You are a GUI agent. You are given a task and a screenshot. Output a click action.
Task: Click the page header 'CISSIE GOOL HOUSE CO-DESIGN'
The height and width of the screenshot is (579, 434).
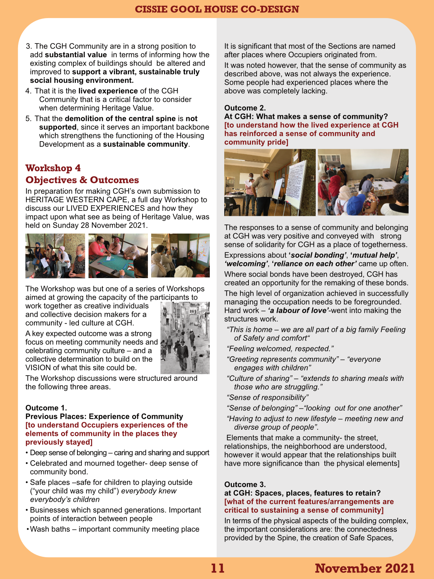click(x=217, y=9)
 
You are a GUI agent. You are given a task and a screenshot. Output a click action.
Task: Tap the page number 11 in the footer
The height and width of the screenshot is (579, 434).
click(x=218, y=568)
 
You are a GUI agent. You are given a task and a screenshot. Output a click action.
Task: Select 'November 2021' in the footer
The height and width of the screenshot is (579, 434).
click(x=365, y=568)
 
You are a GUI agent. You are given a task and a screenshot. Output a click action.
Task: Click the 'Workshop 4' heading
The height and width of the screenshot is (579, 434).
click(x=53, y=168)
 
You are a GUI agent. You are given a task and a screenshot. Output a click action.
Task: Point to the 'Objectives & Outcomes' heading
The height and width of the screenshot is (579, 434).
click(x=82, y=180)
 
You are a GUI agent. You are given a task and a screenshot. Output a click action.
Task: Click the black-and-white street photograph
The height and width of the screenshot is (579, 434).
click(x=185, y=338)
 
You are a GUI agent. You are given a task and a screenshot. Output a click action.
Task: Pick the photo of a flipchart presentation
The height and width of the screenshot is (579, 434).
click(x=270, y=182)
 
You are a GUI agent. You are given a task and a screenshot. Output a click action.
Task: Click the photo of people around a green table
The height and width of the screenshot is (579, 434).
click(x=118, y=256)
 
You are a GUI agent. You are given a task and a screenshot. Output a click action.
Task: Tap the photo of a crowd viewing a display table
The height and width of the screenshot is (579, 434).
click(x=363, y=182)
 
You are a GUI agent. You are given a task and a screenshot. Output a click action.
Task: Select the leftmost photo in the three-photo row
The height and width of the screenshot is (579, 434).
click(x=55, y=256)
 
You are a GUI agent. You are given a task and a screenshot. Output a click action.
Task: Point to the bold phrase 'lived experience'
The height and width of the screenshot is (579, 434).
click(x=108, y=91)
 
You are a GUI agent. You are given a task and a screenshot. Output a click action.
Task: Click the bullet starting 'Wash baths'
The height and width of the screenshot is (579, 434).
click(x=114, y=529)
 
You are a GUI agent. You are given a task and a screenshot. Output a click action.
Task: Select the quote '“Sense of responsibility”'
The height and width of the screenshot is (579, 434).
click(x=268, y=398)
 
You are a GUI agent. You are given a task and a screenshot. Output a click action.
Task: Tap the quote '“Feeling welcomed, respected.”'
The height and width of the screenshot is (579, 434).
click(x=280, y=349)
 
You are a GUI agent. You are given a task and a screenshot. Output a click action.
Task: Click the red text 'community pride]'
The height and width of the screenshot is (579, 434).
click(x=256, y=142)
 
